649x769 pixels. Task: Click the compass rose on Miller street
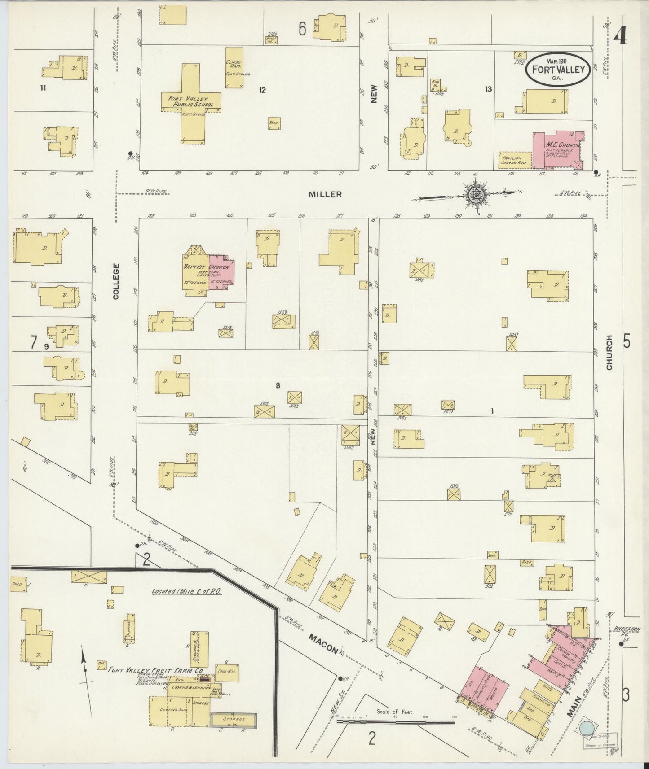(x=475, y=195)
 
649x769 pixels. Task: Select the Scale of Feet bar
(x=395, y=722)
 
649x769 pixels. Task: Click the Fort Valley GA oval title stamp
(x=558, y=69)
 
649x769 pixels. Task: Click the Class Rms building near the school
(x=234, y=67)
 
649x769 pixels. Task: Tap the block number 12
(x=262, y=90)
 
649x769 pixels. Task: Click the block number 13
(x=488, y=89)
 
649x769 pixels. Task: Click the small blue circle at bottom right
(x=587, y=728)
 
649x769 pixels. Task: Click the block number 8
(x=278, y=385)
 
